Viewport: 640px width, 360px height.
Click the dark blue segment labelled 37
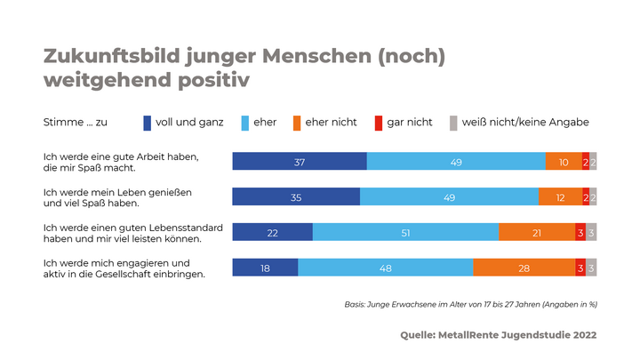pyautogui.click(x=300, y=161)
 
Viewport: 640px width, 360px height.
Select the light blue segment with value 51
pyautogui.click(x=405, y=232)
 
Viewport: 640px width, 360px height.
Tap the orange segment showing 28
pyautogui.click(x=524, y=268)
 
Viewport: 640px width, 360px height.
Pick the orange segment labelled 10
pyautogui.click(x=564, y=161)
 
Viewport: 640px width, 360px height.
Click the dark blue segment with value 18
pyautogui.click(x=265, y=268)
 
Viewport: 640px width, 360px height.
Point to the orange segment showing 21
pyautogui.click(x=537, y=232)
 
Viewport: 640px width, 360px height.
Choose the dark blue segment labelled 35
pyautogui.click(x=296, y=196)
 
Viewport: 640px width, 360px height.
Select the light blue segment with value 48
pyautogui.click(x=385, y=268)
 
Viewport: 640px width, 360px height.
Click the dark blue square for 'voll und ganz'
pyautogui.click(x=148, y=122)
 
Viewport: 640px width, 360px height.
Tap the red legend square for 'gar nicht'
pyautogui.click(x=377, y=122)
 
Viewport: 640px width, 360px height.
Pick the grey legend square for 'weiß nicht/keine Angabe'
pyautogui.click(x=453, y=122)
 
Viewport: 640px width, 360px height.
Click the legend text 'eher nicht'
pyautogui.click(x=331, y=122)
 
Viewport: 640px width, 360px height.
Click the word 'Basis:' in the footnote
pyautogui.click(x=356, y=304)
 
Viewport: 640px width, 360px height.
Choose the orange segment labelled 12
pyautogui.click(x=560, y=196)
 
